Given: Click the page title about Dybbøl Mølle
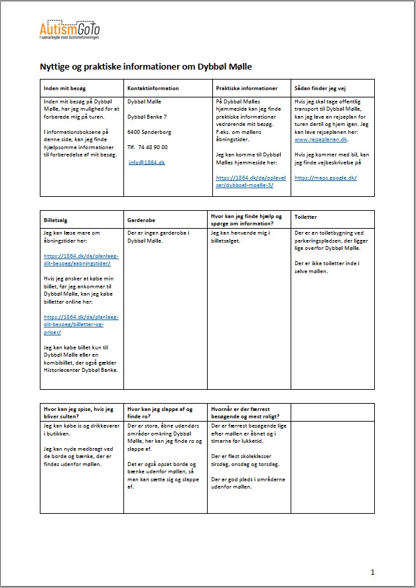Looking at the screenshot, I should (x=146, y=67).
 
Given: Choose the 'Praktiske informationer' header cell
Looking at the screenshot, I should (x=247, y=88).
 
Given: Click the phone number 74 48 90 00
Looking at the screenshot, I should (x=148, y=147).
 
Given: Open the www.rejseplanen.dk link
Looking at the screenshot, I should (x=320, y=140).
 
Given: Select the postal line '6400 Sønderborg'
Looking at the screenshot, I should (x=150, y=132).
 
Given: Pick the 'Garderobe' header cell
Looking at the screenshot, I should (x=142, y=217).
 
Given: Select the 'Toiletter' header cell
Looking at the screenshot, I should (x=306, y=217).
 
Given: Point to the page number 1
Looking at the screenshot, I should (x=373, y=571).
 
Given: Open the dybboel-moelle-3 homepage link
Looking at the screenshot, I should (x=245, y=181).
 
